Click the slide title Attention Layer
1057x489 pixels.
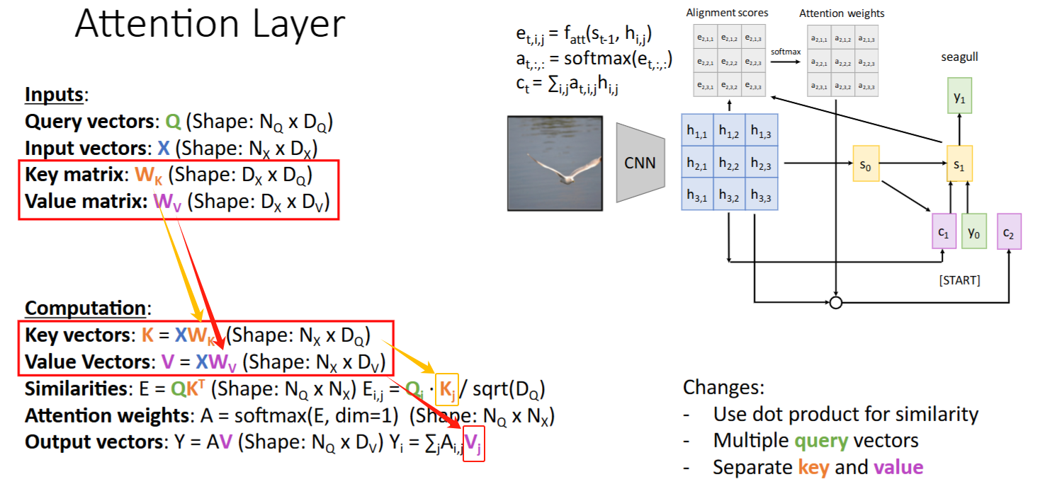pyautogui.click(x=210, y=25)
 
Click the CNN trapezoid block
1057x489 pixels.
pyautogui.click(x=639, y=163)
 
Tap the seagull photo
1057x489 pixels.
pyautogui.click(x=555, y=162)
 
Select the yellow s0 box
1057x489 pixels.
pyautogui.click(x=864, y=165)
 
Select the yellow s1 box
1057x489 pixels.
pyautogui.click(x=959, y=165)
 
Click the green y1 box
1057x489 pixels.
pyautogui.click(x=959, y=98)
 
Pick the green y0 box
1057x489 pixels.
pyautogui.click(x=974, y=232)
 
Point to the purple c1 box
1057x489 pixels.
pyautogui.click(x=943, y=232)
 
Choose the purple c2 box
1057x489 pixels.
pyautogui.click(x=1008, y=232)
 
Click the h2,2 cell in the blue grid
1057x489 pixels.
pyautogui.click(x=729, y=163)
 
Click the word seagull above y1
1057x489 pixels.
pyautogui.click(x=959, y=57)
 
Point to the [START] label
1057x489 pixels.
pyautogui.click(x=959, y=280)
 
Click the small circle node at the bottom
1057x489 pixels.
pyautogui.click(x=836, y=303)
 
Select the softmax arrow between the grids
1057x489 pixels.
pyautogui.click(x=787, y=62)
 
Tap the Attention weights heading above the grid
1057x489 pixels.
pyautogui.click(x=842, y=13)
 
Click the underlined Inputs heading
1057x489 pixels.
pyautogui.click(x=56, y=95)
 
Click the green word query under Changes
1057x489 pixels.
pyautogui.click(x=821, y=441)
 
